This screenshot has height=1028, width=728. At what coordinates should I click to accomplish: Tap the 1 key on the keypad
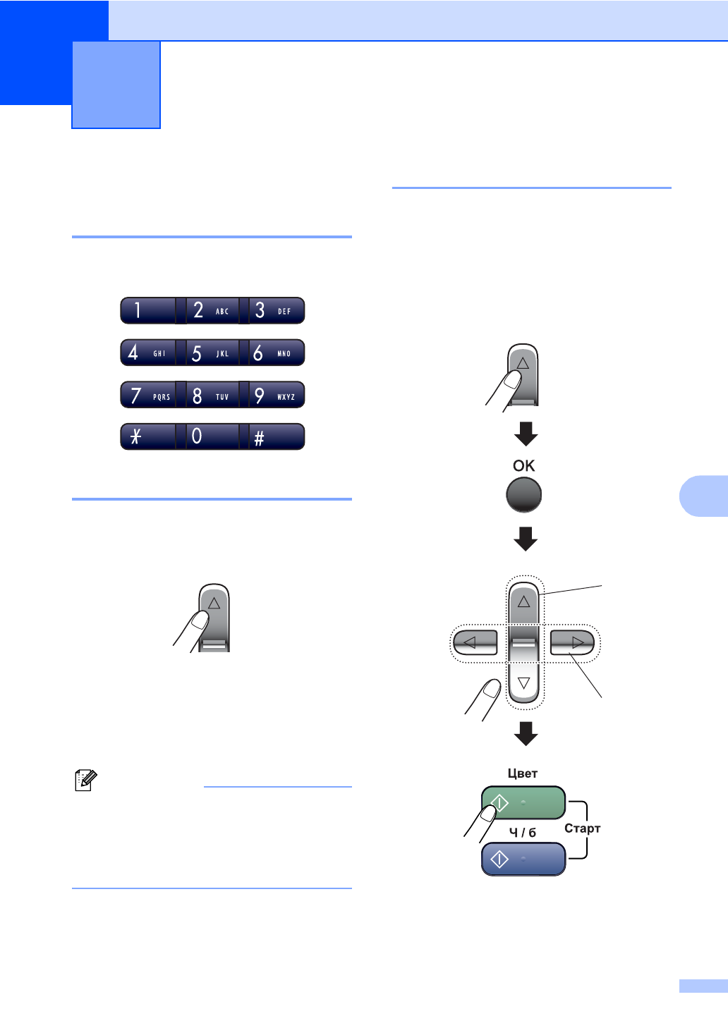147,311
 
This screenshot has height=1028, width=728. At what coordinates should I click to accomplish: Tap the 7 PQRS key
147,396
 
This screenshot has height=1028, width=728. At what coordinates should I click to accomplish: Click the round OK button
524,495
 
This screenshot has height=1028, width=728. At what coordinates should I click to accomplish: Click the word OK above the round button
524,465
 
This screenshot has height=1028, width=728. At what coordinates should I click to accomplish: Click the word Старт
582,828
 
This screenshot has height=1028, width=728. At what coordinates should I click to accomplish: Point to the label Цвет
523,773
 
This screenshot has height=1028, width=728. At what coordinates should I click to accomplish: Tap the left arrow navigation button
475,642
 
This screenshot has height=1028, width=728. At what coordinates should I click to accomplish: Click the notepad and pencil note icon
85,781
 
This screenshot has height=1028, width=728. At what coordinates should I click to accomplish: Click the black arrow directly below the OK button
526,539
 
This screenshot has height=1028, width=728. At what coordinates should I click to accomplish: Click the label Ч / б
523,833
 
